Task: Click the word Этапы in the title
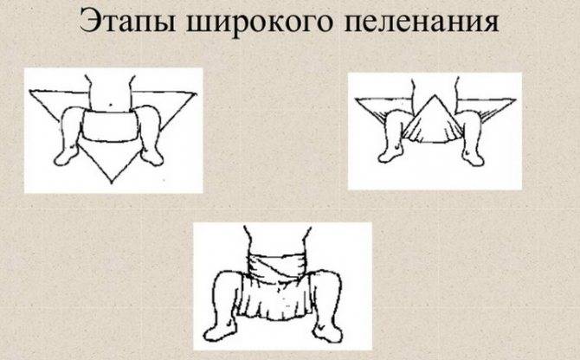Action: [x=123, y=21]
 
